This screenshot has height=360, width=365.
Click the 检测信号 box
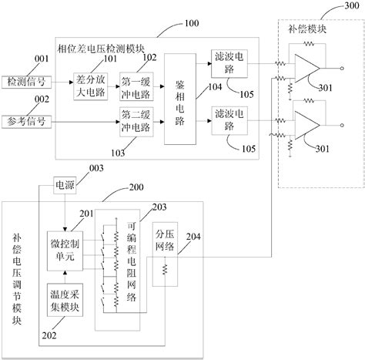tap(26, 80)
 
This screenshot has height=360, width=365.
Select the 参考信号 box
tap(26, 121)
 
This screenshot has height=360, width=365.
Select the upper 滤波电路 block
tap(229, 61)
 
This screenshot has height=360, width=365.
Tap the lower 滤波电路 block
tap(229, 116)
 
